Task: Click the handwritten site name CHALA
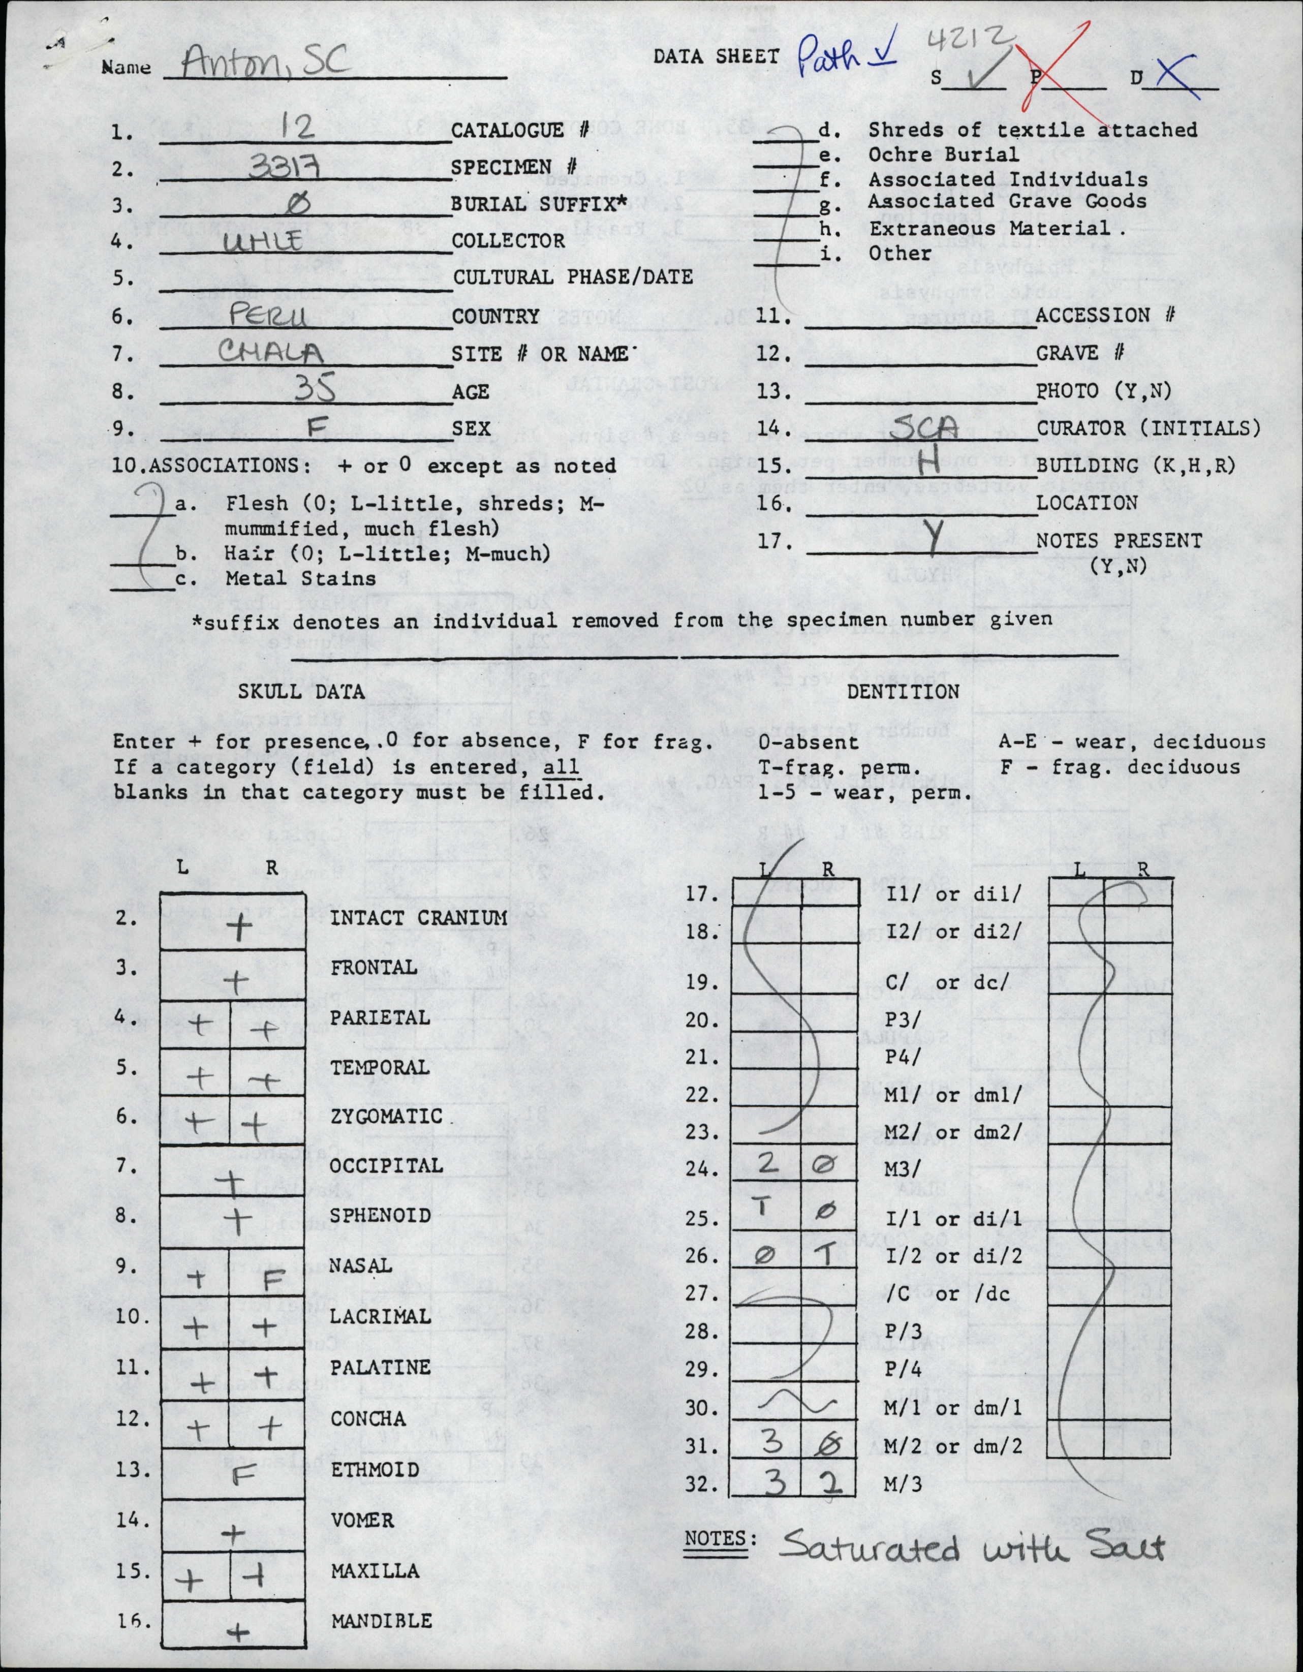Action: coord(269,352)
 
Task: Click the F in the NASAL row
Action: coord(273,1279)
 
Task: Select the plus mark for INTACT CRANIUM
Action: coord(240,928)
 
